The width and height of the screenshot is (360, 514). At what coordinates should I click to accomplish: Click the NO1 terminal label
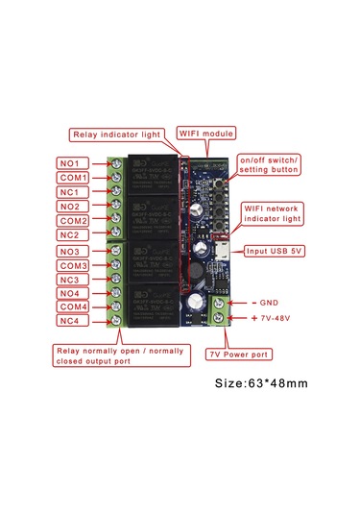[x=73, y=163]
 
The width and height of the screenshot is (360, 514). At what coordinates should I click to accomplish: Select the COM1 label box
[x=73, y=178]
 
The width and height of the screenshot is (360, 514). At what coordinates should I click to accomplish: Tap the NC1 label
[x=73, y=192]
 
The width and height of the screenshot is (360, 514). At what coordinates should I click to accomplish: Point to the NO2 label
[x=73, y=207]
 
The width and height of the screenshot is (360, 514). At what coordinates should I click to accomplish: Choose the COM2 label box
[x=73, y=221]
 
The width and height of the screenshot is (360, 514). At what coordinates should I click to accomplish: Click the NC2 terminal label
[x=73, y=235]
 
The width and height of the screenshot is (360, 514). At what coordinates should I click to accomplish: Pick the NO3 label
[x=73, y=251]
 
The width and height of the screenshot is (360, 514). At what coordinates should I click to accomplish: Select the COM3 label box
[x=73, y=265]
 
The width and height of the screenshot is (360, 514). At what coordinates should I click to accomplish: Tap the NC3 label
[x=73, y=280]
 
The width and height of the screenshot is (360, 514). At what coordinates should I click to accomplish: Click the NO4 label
[x=73, y=294]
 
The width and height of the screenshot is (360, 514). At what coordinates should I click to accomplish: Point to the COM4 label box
[x=73, y=307]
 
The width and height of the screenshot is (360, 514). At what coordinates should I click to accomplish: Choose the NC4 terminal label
[x=73, y=322]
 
